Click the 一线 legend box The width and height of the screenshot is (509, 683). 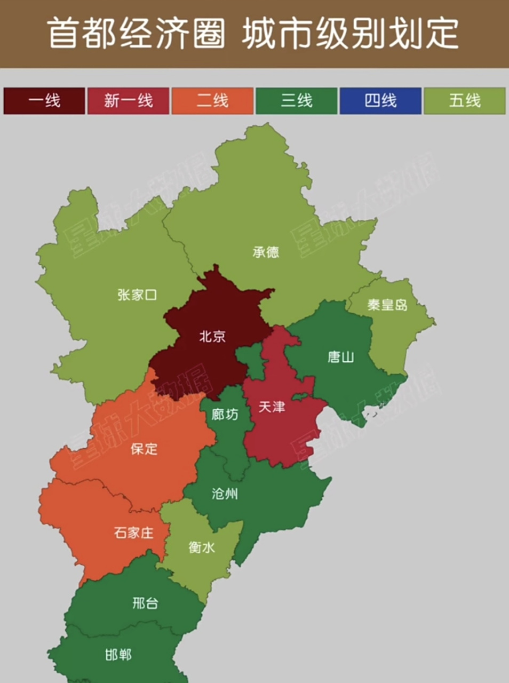click(x=44, y=100)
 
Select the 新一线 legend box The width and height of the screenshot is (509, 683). click(x=128, y=100)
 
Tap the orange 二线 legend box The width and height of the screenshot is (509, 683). click(x=212, y=100)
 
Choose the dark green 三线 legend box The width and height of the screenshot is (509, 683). click(x=297, y=100)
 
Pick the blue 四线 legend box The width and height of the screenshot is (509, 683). click(x=380, y=100)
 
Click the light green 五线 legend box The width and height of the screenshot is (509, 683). click(x=465, y=100)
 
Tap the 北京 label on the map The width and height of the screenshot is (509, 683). click(x=212, y=336)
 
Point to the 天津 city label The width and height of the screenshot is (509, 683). click(x=272, y=407)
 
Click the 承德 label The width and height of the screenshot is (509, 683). click(x=266, y=252)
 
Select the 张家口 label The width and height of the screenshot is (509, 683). click(x=137, y=295)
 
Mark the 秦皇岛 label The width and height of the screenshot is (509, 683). click(x=387, y=305)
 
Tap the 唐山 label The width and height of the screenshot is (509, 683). click(x=340, y=356)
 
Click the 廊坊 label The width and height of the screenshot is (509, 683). click(x=225, y=414)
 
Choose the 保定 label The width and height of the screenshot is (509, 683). click(x=144, y=448)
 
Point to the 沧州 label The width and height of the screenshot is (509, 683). click(x=225, y=494)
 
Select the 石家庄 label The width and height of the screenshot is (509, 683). click(x=133, y=532)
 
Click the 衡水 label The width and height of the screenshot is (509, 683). click(x=202, y=547)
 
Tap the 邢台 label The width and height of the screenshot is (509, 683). click(x=145, y=603)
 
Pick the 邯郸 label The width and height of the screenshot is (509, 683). click(x=118, y=654)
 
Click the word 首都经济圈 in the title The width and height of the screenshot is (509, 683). click(x=137, y=33)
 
